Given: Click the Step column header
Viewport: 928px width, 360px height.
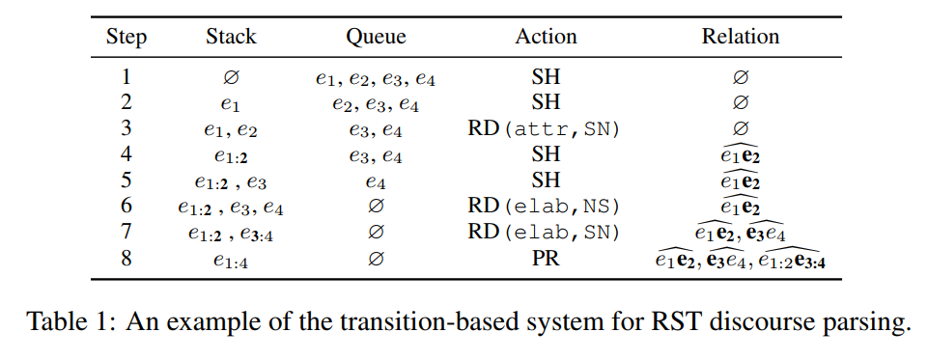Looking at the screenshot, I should coord(127,38).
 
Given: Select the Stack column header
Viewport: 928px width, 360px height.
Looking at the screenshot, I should coord(231,38).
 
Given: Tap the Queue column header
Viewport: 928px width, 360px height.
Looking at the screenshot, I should coord(376,38).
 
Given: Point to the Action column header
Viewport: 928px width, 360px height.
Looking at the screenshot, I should coord(546,38).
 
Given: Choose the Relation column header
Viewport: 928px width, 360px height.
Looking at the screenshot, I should coord(741,38).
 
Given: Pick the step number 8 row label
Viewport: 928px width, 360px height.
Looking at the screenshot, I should coord(127,259).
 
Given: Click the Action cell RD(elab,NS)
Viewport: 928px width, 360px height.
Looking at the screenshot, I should coord(546,207).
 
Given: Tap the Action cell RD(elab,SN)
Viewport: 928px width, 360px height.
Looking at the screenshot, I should coord(546,233).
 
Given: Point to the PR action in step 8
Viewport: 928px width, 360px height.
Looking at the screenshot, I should coord(546,259).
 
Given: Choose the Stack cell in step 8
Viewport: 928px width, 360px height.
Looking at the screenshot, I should coord(231,260).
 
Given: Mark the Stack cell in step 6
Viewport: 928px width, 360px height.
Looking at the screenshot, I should coord(231,208).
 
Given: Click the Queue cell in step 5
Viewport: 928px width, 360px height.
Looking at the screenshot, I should coord(376,181).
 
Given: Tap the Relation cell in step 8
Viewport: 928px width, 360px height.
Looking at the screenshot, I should coord(741,258).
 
